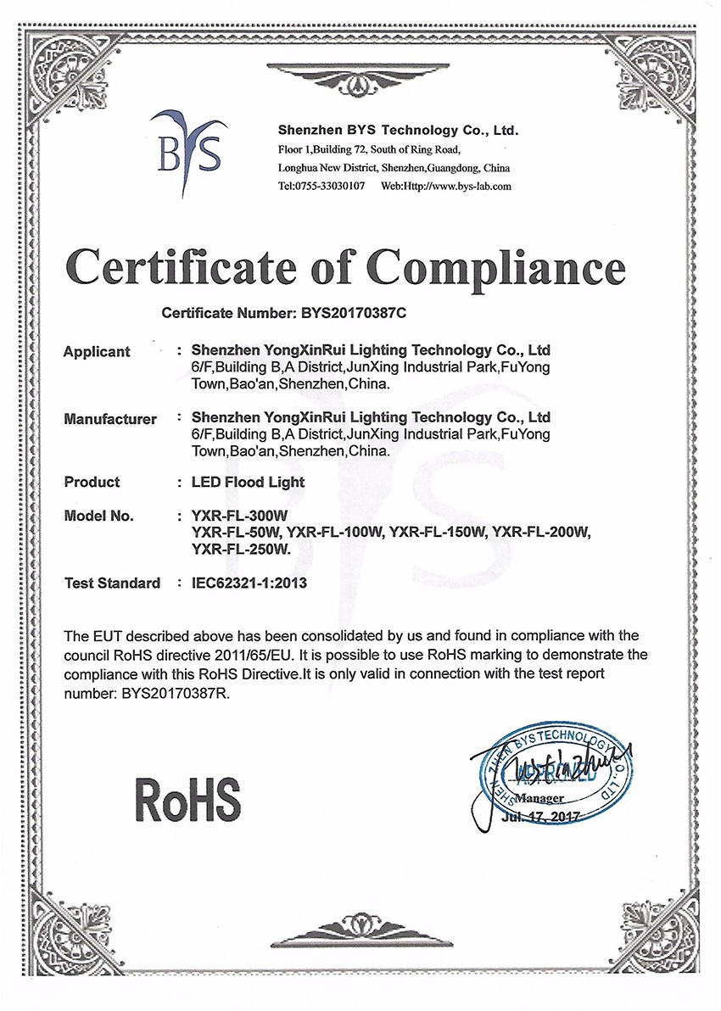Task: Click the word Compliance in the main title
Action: coord(500,265)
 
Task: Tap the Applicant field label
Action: coord(97,352)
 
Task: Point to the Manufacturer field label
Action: coord(110,419)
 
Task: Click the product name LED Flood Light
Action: coord(249,482)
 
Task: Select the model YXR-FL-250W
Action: coord(242,549)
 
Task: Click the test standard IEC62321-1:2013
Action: coord(249,583)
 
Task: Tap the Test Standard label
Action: coord(112,583)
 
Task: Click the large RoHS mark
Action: coord(188,798)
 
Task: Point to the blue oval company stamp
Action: coord(560,771)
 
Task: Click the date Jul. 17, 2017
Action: coord(538,816)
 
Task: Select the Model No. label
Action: coord(98,516)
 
